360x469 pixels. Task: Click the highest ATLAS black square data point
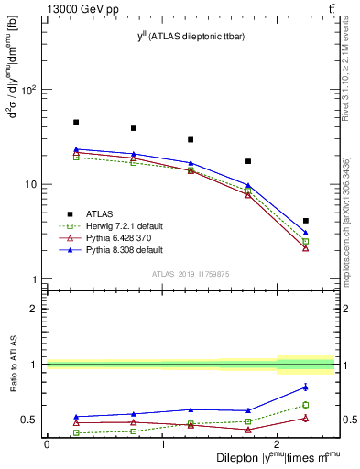[76, 122]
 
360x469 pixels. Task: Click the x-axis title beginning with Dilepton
[275, 457]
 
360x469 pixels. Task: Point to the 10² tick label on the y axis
[29, 90]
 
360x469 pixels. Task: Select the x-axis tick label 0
[47, 444]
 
